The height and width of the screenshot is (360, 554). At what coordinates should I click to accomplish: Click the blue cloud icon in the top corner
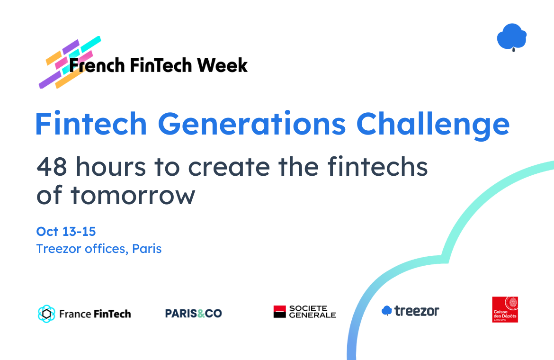511,37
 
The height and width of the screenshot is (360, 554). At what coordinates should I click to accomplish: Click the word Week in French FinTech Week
222,65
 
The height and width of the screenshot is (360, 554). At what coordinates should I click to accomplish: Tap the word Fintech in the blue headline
91,124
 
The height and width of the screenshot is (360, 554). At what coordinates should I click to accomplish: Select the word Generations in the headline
251,124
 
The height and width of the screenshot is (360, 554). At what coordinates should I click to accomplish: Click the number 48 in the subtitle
52,167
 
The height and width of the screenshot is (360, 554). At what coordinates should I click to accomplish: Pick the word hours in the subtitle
111,166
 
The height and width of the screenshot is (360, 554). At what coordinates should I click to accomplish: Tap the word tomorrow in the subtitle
133,195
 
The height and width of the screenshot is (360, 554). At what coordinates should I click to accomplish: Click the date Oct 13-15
66,232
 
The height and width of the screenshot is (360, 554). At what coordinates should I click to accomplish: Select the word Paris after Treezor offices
147,249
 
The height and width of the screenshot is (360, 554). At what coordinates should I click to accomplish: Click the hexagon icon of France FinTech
46,314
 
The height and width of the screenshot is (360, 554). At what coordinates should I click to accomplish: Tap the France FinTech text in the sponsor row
95,314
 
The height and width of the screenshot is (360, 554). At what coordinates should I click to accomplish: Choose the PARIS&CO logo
193,314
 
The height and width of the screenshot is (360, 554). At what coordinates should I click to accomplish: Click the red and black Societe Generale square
279,312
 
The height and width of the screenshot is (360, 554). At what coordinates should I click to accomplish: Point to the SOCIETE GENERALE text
313,312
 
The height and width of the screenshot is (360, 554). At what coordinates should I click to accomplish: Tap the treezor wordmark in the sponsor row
417,311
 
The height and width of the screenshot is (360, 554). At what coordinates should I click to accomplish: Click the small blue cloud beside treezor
386,311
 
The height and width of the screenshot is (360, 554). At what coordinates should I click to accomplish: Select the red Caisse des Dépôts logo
505,309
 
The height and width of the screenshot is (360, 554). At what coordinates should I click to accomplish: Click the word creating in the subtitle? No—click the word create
229,167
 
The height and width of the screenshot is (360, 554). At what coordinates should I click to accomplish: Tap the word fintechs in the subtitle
378,166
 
